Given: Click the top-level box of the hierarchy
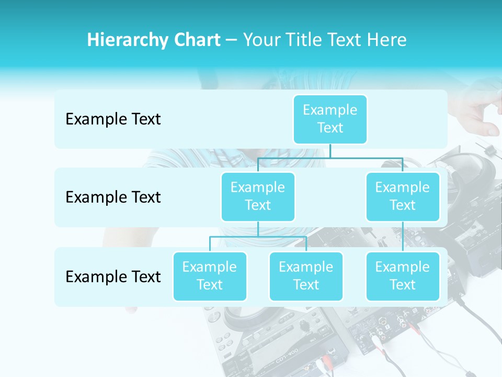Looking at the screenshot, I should coord(330,119).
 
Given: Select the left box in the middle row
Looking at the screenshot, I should coord(258,196).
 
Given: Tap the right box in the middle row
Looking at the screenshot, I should coord(403,196).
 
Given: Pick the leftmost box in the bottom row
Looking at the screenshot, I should coord(210,276).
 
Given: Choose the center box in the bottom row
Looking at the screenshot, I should coord(306,276).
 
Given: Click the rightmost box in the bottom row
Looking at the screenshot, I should coord(403,276).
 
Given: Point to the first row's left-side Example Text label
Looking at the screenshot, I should coord(113,119).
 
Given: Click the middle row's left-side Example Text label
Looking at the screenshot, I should coord(113,197).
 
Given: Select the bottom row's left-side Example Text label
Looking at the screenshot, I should coord(113,276).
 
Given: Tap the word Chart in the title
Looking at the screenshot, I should coord(197,40).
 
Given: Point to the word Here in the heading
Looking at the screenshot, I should coord(387,40).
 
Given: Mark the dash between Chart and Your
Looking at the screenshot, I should coord(232,40).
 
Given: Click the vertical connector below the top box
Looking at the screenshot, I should coord(330,151).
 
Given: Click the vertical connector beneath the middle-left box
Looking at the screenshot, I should coord(258,229).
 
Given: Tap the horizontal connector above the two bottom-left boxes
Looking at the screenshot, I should coord(258,237).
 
